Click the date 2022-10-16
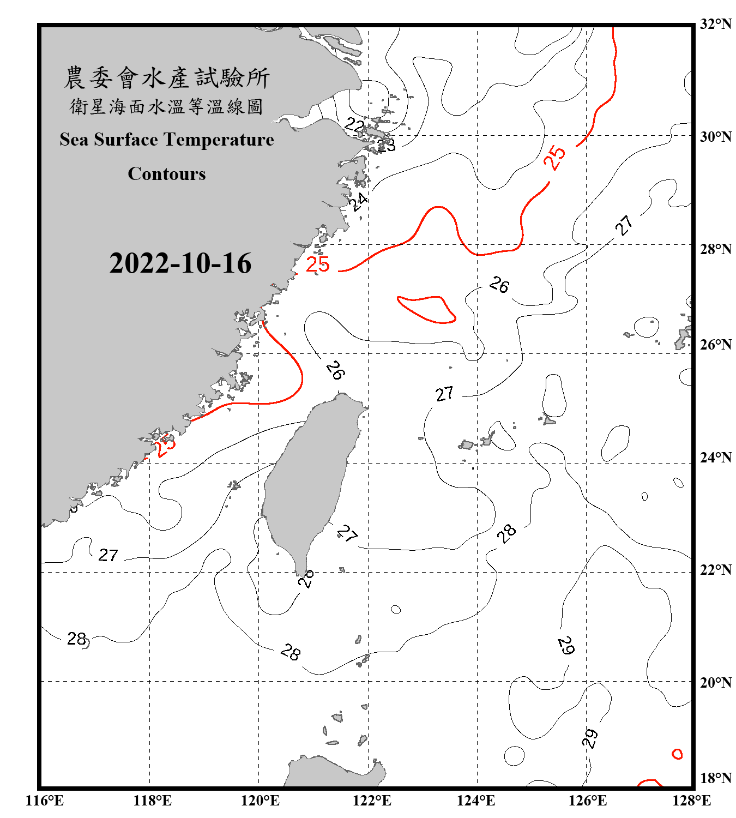click(x=180, y=263)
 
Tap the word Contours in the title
click(x=167, y=173)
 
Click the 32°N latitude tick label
click(x=715, y=24)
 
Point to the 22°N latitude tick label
click(x=715, y=570)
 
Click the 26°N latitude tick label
click(x=715, y=345)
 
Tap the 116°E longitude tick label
click(x=45, y=801)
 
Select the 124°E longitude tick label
click(x=476, y=801)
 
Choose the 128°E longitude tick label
click(x=691, y=801)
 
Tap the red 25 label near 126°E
click(x=554, y=158)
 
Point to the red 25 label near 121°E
click(x=318, y=264)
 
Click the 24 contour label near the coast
click(x=358, y=201)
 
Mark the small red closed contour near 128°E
click(x=677, y=754)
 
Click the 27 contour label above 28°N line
click(x=625, y=225)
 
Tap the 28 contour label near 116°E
click(x=76, y=638)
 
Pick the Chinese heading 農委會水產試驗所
click(x=167, y=78)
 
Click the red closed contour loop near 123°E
click(x=426, y=309)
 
